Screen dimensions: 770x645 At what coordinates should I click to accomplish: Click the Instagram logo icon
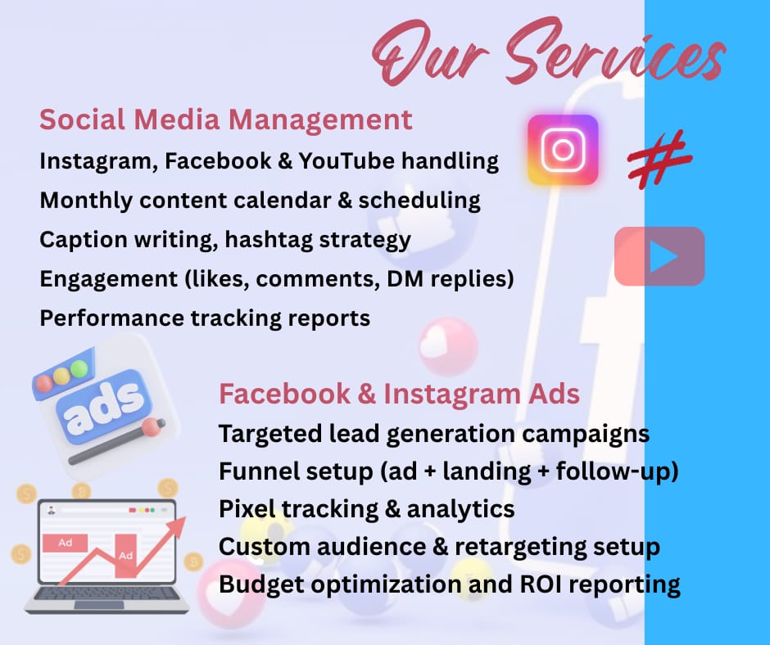point(563,150)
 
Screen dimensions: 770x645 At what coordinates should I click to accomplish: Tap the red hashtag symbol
point(659,159)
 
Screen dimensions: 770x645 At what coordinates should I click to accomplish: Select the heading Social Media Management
point(226,120)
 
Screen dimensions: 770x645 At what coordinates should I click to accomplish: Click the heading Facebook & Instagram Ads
point(399,394)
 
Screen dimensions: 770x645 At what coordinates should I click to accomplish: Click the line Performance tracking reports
point(205,318)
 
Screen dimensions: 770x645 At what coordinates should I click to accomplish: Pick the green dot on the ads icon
point(79,368)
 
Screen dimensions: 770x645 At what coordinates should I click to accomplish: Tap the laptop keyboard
point(106,593)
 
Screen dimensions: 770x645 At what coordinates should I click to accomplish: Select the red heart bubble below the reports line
point(448,346)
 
